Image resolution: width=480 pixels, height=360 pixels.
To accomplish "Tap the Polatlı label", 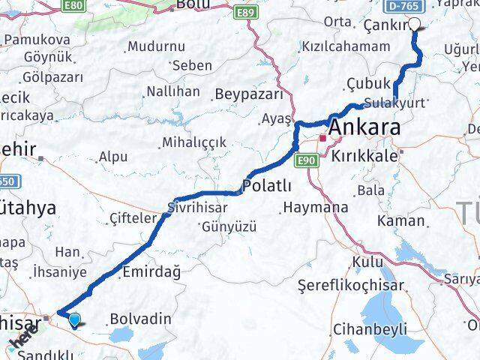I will (x=266, y=184).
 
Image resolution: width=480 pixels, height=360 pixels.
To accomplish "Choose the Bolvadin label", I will (x=139, y=319).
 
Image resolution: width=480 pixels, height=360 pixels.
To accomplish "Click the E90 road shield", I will (x=305, y=160).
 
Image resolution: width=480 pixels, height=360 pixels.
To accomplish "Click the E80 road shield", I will (x=73, y=4).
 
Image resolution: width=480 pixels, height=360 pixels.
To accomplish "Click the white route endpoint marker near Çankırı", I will (x=415, y=24).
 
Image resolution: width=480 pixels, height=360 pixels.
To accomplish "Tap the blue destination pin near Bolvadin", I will (x=74, y=321).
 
